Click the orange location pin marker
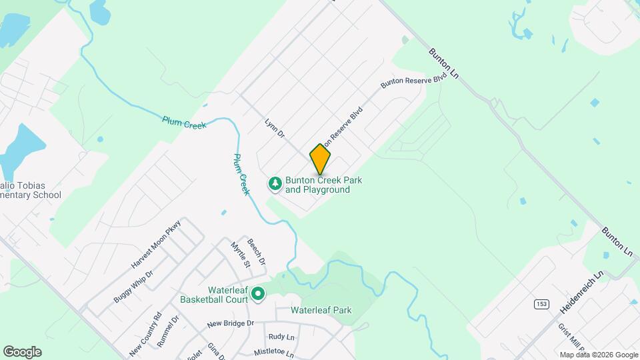320,159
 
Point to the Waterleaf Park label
321,310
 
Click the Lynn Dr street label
275,129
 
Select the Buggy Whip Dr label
133,287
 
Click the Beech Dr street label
257,251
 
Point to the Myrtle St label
240,254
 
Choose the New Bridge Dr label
231,323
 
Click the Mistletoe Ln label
274,351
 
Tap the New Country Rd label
146,334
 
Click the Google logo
22,352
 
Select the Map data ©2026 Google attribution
598,355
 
